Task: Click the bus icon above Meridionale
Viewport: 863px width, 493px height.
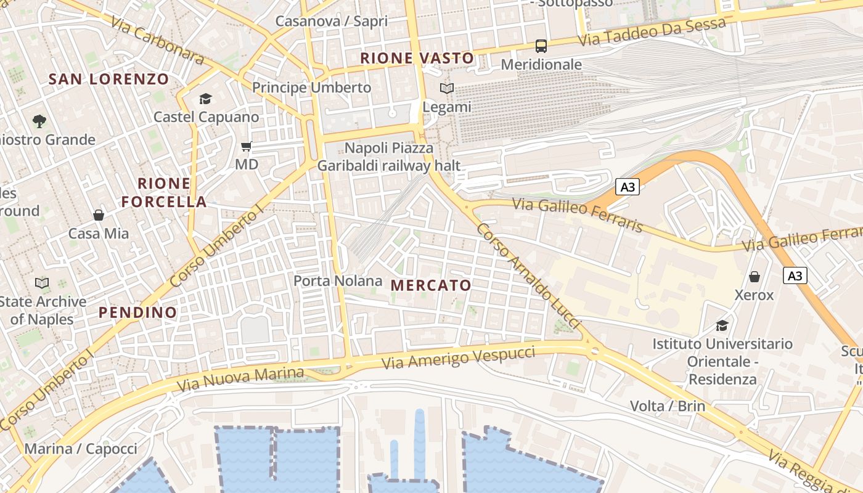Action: click(x=541, y=46)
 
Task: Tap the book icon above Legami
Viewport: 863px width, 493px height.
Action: click(x=447, y=89)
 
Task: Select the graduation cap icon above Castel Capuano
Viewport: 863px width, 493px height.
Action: click(x=205, y=99)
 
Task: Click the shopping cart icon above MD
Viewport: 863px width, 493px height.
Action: click(x=246, y=147)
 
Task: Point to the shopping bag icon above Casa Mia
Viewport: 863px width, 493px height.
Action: click(x=99, y=215)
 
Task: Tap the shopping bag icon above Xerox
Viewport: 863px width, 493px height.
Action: click(x=754, y=277)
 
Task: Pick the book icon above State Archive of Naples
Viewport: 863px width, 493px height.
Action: click(x=42, y=283)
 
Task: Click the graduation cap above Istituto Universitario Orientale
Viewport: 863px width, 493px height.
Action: click(x=722, y=325)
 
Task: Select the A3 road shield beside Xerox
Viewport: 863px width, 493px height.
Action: click(x=795, y=275)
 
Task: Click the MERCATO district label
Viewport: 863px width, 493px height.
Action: click(x=431, y=285)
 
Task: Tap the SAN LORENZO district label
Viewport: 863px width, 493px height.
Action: click(x=108, y=79)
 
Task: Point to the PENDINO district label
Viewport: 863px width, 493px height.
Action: click(x=138, y=312)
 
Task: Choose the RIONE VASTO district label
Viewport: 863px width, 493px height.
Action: click(x=417, y=59)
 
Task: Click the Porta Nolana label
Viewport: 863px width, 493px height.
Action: click(x=338, y=281)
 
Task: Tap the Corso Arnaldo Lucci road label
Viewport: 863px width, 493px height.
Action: click(x=529, y=275)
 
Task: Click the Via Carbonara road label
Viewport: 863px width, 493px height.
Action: click(x=158, y=40)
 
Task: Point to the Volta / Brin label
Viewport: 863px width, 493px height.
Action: click(x=668, y=406)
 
